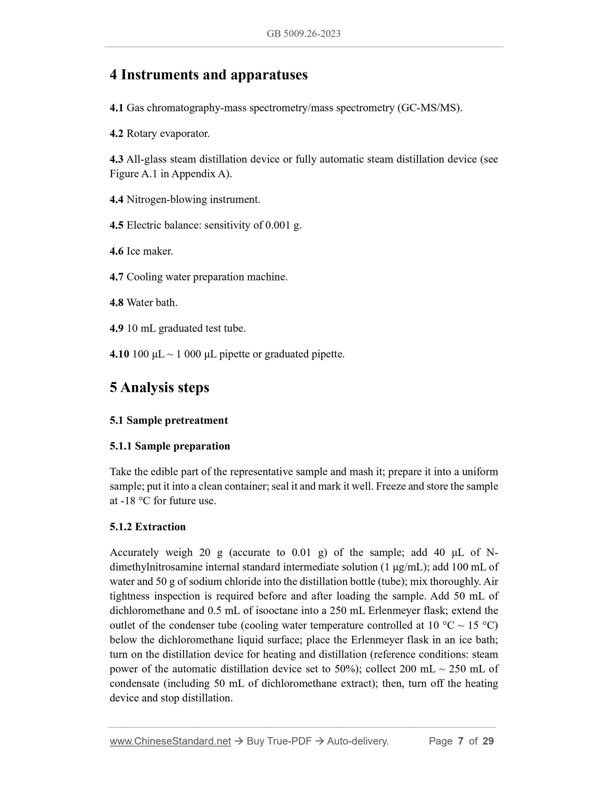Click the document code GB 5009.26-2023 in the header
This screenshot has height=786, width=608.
[x=303, y=34]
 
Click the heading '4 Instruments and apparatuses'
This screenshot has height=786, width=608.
[x=208, y=75]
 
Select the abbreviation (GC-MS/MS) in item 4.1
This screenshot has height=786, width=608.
[x=429, y=108]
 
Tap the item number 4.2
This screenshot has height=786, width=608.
[x=116, y=134]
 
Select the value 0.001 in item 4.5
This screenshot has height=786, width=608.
[x=277, y=225]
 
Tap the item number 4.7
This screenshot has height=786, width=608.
[x=116, y=277]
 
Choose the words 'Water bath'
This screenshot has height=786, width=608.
[x=152, y=303]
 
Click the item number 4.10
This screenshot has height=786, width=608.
[x=119, y=354]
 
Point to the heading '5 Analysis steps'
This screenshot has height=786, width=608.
[x=159, y=388]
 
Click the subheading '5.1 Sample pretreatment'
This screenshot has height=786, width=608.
[x=169, y=420]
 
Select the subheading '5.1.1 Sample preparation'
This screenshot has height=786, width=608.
[x=170, y=446]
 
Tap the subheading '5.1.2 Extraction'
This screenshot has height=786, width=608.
[x=148, y=527]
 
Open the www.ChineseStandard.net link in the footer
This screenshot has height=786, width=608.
[x=170, y=741]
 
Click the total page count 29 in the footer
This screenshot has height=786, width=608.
[x=488, y=741]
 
